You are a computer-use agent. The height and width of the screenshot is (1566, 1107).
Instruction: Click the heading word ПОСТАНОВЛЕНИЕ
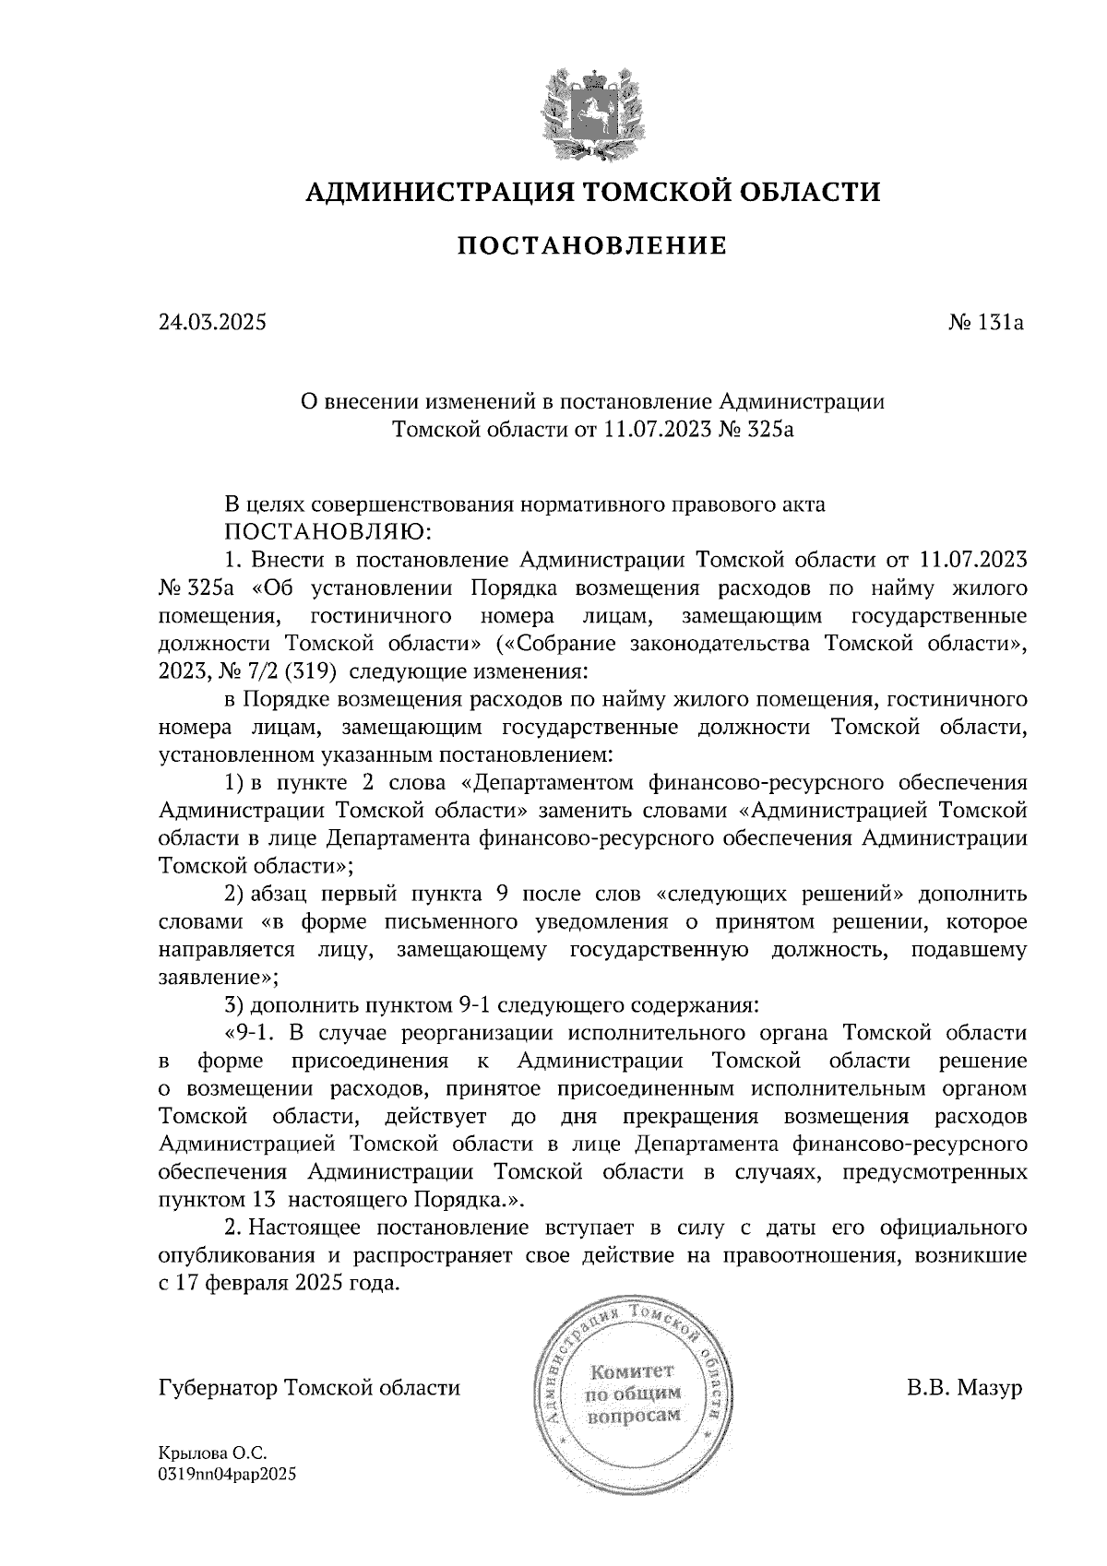(x=592, y=246)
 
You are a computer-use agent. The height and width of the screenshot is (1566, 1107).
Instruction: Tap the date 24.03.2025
(x=212, y=323)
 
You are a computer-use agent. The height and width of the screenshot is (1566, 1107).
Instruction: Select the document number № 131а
(x=987, y=323)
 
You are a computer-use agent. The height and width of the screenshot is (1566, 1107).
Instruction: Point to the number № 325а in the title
(x=756, y=429)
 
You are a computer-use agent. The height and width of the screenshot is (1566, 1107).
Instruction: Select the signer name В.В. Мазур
(x=965, y=1388)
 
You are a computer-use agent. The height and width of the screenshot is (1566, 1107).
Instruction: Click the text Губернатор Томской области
(x=309, y=1388)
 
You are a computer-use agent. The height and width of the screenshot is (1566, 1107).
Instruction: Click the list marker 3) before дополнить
(x=235, y=1003)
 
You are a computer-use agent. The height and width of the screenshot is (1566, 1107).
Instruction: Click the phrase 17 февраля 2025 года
(x=287, y=1283)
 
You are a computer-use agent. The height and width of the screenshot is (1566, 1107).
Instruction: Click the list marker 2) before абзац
(x=235, y=894)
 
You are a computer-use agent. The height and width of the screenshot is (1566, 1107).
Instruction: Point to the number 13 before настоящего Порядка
(x=262, y=1200)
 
